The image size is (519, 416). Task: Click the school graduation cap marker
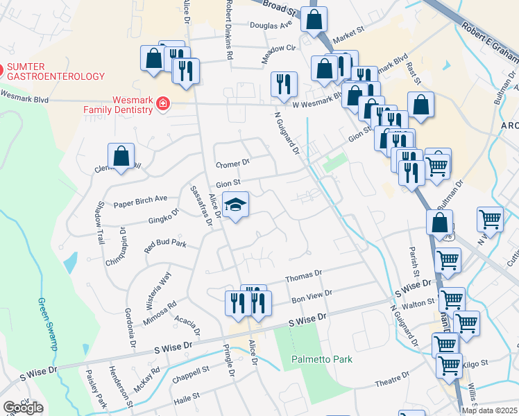(236, 205)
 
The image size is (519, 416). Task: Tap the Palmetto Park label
(322, 359)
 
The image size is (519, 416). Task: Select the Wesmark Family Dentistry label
(118, 105)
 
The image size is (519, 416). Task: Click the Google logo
(23, 408)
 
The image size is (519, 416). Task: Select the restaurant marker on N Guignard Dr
(283, 84)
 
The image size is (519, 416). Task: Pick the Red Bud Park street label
(165, 244)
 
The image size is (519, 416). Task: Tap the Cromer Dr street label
(232, 164)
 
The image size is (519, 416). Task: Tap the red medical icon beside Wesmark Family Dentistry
(162, 104)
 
